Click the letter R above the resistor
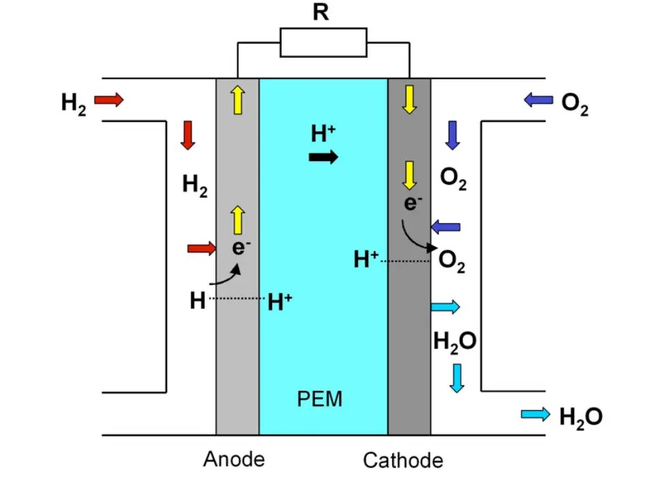click(320, 13)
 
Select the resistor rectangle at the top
click(323, 42)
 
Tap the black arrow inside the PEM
click(323, 158)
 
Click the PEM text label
click(320, 398)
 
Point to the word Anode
click(234, 459)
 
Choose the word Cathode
click(403, 460)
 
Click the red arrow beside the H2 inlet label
click(108, 100)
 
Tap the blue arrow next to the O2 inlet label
click(538, 100)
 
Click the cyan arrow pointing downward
click(457, 377)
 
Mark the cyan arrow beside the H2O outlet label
click(535, 413)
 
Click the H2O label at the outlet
click(580, 416)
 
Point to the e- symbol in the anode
click(238, 247)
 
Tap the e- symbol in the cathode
click(410, 203)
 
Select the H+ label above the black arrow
click(323, 134)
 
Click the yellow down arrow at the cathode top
click(409, 100)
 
